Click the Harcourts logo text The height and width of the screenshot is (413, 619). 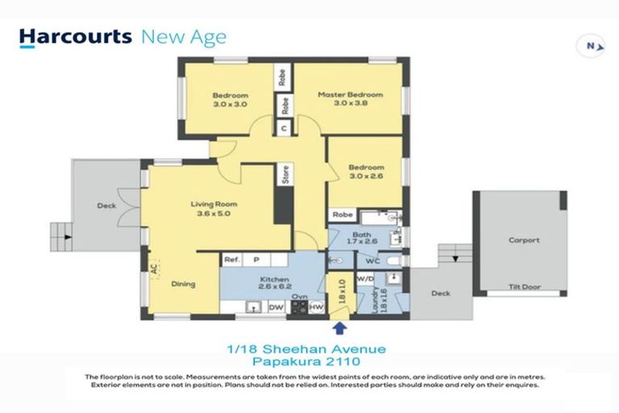(76, 37)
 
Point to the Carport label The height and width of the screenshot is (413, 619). (524, 240)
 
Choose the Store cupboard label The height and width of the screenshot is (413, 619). (285, 173)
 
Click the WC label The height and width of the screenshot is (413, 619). (372, 261)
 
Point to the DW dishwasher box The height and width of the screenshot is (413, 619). (276, 307)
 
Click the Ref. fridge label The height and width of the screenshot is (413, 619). (231, 260)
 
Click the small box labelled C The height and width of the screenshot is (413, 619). (284, 127)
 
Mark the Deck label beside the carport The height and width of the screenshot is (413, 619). (440, 294)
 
